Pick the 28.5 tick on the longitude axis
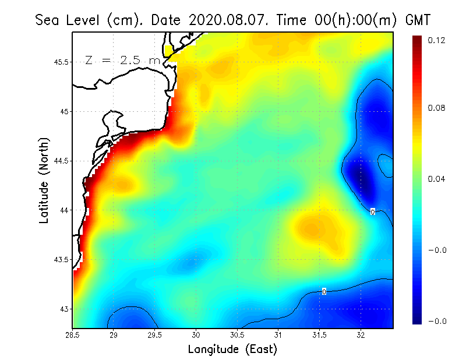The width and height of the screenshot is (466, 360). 73,334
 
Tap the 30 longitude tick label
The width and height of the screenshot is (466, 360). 196,334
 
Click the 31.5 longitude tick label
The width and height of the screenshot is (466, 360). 320,334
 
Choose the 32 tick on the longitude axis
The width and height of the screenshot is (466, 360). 361,334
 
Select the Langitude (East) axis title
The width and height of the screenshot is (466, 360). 232,349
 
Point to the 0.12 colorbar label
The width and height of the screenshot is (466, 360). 436,40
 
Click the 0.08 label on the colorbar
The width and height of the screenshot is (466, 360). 436,108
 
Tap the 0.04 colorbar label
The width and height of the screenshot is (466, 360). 436,179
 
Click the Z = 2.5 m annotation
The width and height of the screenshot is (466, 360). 122,61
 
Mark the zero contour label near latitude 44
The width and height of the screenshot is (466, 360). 372,212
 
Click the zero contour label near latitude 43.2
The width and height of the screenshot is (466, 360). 324,291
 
